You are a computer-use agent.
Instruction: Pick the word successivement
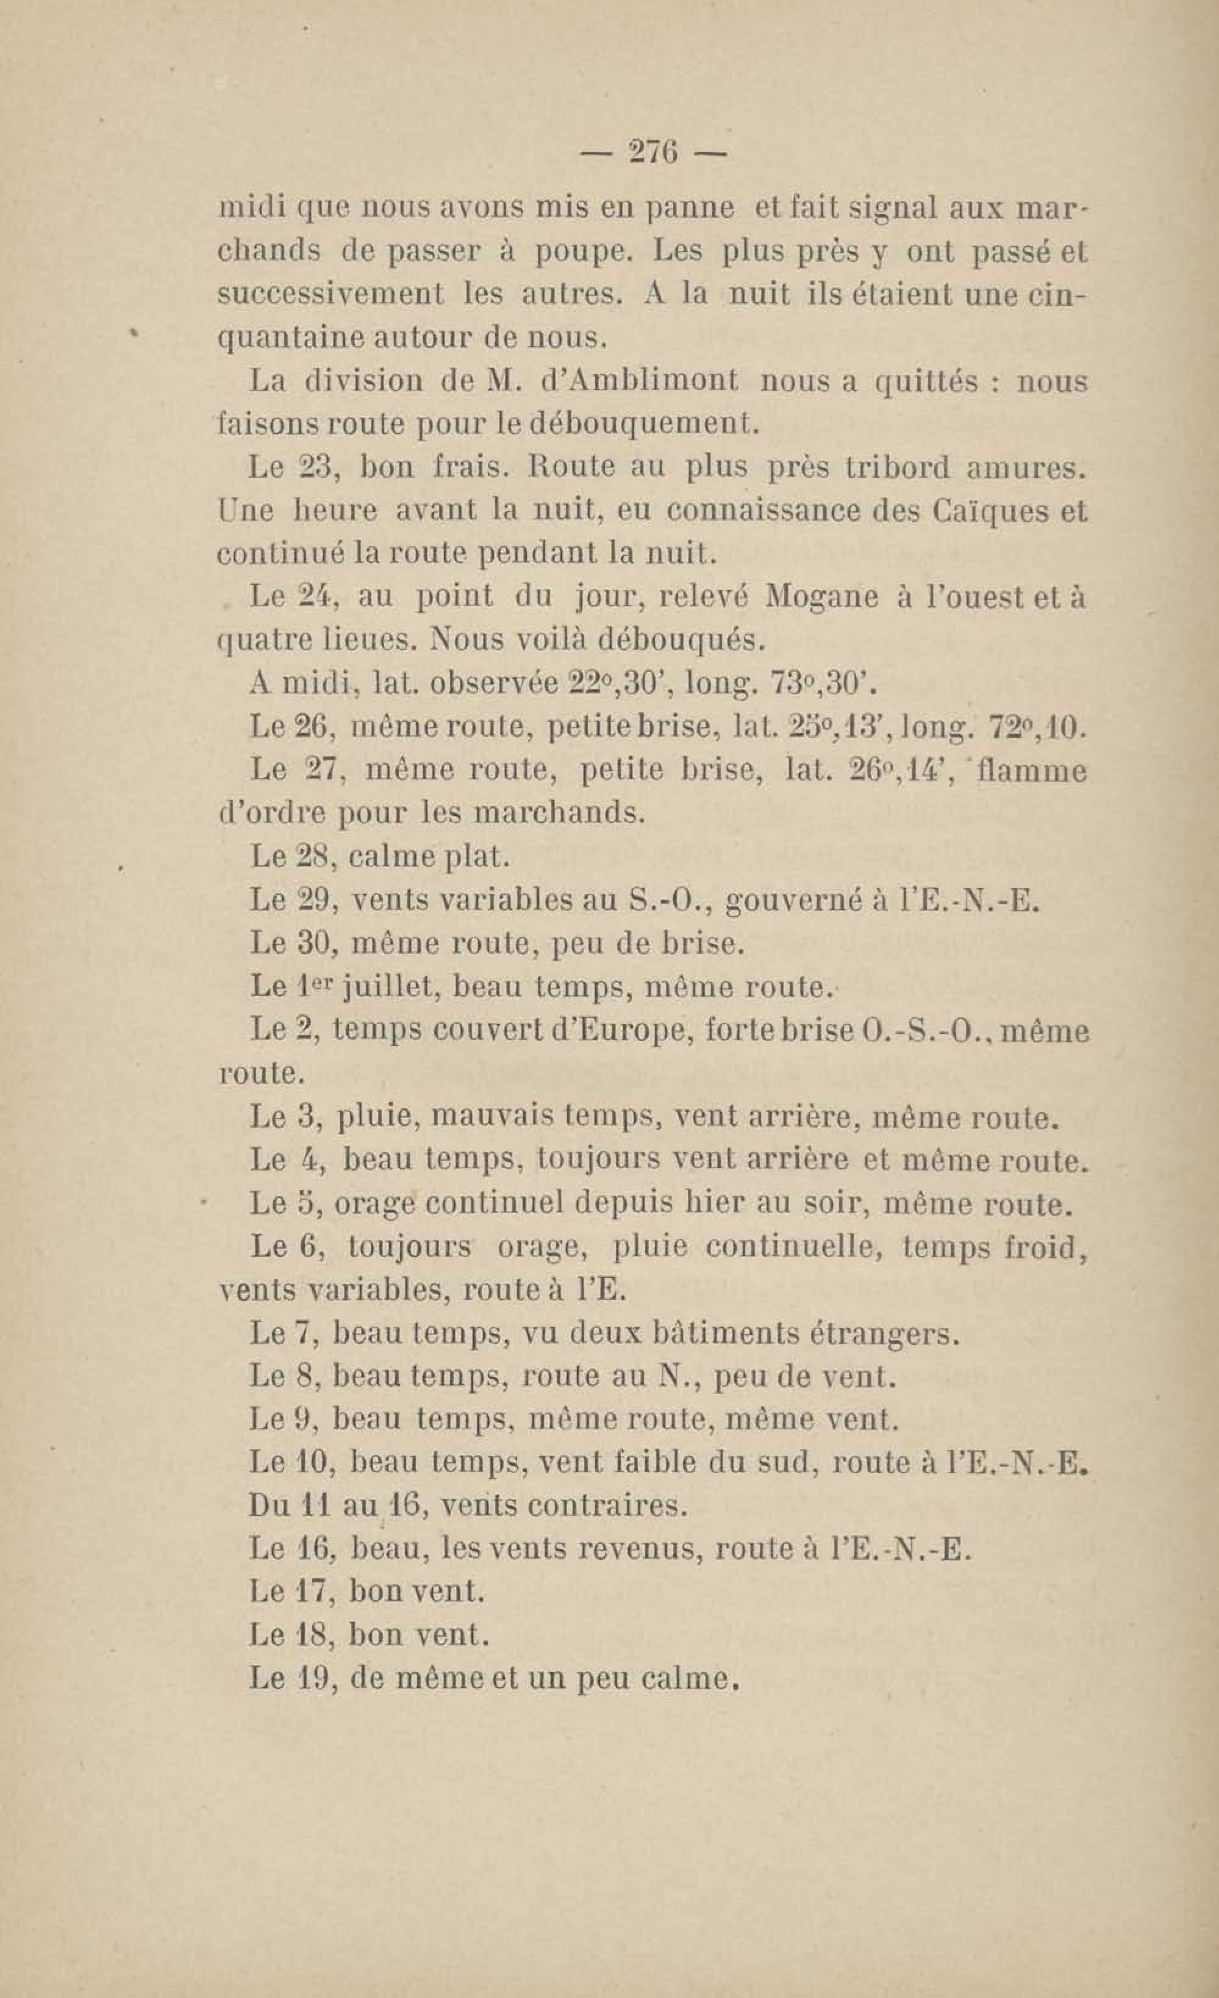331,294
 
